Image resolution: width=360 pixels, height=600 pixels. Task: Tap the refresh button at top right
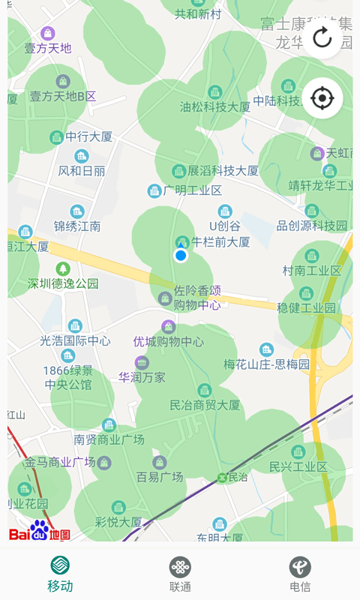tap(322, 38)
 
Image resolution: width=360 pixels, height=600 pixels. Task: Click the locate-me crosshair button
tap(322, 97)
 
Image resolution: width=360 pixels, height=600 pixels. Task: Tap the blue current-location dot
tap(180, 256)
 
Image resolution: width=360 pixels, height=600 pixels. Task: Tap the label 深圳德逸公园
tap(63, 283)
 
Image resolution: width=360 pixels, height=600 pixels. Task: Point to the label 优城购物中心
tap(168, 341)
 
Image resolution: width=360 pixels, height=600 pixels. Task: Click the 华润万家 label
tap(142, 377)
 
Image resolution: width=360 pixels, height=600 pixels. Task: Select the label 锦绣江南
tap(76, 226)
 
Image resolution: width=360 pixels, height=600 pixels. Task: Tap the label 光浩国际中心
tap(75, 340)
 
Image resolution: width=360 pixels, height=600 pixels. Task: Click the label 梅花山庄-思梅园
tap(266, 364)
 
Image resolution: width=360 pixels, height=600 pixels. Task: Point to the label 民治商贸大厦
tap(205, 405)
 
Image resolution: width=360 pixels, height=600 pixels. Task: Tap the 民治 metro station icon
tap(222, 477)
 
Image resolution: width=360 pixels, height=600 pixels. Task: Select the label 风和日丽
tap(82, 170)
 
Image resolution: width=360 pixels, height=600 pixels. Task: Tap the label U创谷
tap(224, 225)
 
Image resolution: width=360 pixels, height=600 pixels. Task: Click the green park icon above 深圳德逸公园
tap(63, 268)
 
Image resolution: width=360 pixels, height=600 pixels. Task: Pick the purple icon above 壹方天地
tap(48, 33)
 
